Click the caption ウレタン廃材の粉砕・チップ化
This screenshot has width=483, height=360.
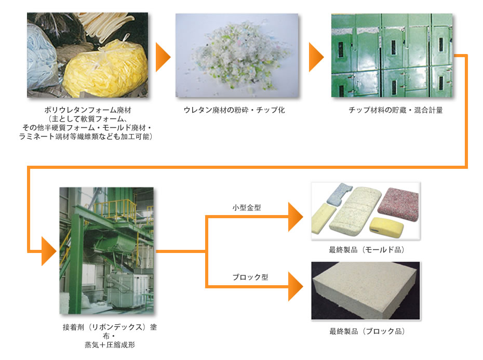pyautogui.click(x=234, y=110)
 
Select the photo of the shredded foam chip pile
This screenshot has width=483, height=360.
pyautogui.click(x=237, y=56)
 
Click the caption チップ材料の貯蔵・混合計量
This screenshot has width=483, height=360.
pyautogui.click(x=396, y=110)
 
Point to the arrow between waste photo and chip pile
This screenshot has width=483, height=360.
pyautogui.click(x=163, y=57)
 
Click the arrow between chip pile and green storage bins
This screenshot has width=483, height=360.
pyautogui.click(x=316, y=57)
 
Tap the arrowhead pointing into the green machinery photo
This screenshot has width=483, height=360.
pyautogui.click(x=49, y=251)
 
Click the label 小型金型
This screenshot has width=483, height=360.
pyautogui.click(x=247, y=208)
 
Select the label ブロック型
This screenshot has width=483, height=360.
pyautogui.click(x=250, y=277)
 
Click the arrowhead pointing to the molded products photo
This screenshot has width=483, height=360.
pyautogui.click(x=296, y=217)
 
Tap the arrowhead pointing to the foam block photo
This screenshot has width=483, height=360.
pyautogui.click(x=296, y=286)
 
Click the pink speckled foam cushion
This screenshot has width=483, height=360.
pyautogui.click(x=398, y=204)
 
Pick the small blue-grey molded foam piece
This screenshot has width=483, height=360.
pyautogui.click(x=339, y=194)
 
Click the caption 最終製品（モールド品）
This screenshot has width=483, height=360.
pyautogui.click(x=366, y=250)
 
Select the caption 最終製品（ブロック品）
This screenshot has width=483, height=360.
pyautogui.click(x=367, y=331)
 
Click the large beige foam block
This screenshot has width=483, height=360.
pyautogui.click(x=365, y=290)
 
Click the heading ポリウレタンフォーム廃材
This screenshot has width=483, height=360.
pyautogui.click(x=88, y=110)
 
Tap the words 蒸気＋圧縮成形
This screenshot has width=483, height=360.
pyautogui.click(x=110, y=345)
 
